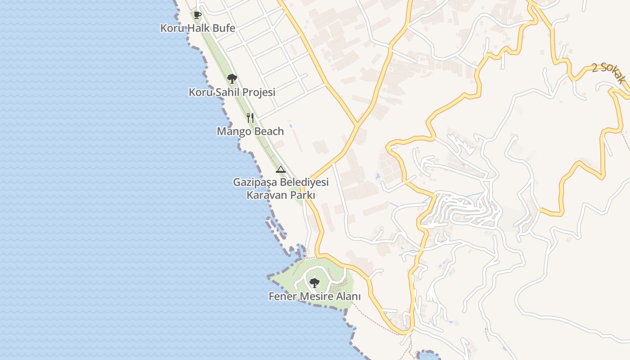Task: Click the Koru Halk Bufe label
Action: coord(198,28)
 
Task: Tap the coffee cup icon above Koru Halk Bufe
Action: coord(197,15)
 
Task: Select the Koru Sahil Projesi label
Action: coord(232,92)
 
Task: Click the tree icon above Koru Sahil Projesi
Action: coord(232,79)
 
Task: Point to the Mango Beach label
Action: coord(250,131)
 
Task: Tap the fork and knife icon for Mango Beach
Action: coord(250,118)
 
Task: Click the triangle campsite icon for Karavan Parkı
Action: coord(281,170)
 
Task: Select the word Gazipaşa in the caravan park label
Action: coord(255,182)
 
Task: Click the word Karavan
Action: coord(264,195)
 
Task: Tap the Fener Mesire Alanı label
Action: coord(315,297)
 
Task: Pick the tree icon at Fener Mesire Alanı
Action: coord(315,283)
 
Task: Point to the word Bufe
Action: coord(224,28)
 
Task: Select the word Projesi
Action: coord(259,92)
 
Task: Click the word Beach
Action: coord(269,131)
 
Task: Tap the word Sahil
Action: coord(228,92)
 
